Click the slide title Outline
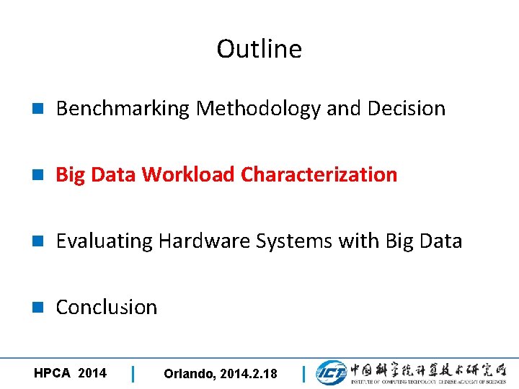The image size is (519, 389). point(259,49)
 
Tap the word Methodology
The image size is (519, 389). point(259,109)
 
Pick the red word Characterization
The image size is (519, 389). point(319,175)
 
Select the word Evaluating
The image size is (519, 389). point(105,241)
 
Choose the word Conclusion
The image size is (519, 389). point(106,308)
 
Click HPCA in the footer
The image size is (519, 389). point(52,373)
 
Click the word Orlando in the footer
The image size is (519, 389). point(187,374)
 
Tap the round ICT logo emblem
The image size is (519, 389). point(331,372)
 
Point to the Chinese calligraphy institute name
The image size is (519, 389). point(428,369)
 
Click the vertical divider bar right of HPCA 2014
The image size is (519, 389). point(133,374)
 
